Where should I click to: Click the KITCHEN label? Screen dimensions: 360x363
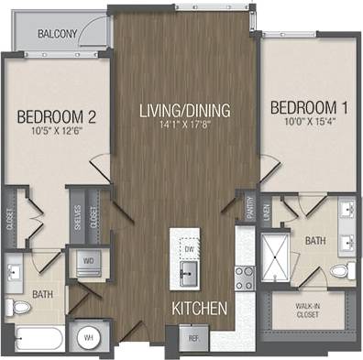[199, 311]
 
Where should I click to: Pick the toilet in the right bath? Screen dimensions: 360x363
[343, 270]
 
